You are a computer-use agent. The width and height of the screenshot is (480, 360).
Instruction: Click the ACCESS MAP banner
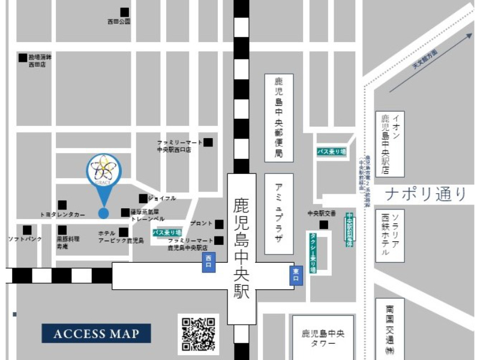point(96,334)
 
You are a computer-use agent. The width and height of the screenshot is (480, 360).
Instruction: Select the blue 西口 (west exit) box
point(208,262)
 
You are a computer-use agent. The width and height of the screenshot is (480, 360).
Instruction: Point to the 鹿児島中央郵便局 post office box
point(279,118)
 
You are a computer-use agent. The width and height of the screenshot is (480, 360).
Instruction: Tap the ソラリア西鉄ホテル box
point(390,234)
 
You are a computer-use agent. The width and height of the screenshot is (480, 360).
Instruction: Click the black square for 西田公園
point(124,12)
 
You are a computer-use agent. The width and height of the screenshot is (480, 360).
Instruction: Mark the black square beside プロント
point(220,224)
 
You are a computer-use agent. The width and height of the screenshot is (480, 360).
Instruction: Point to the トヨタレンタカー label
point(63,214)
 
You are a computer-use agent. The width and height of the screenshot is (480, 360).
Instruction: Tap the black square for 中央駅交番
point(324,225)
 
